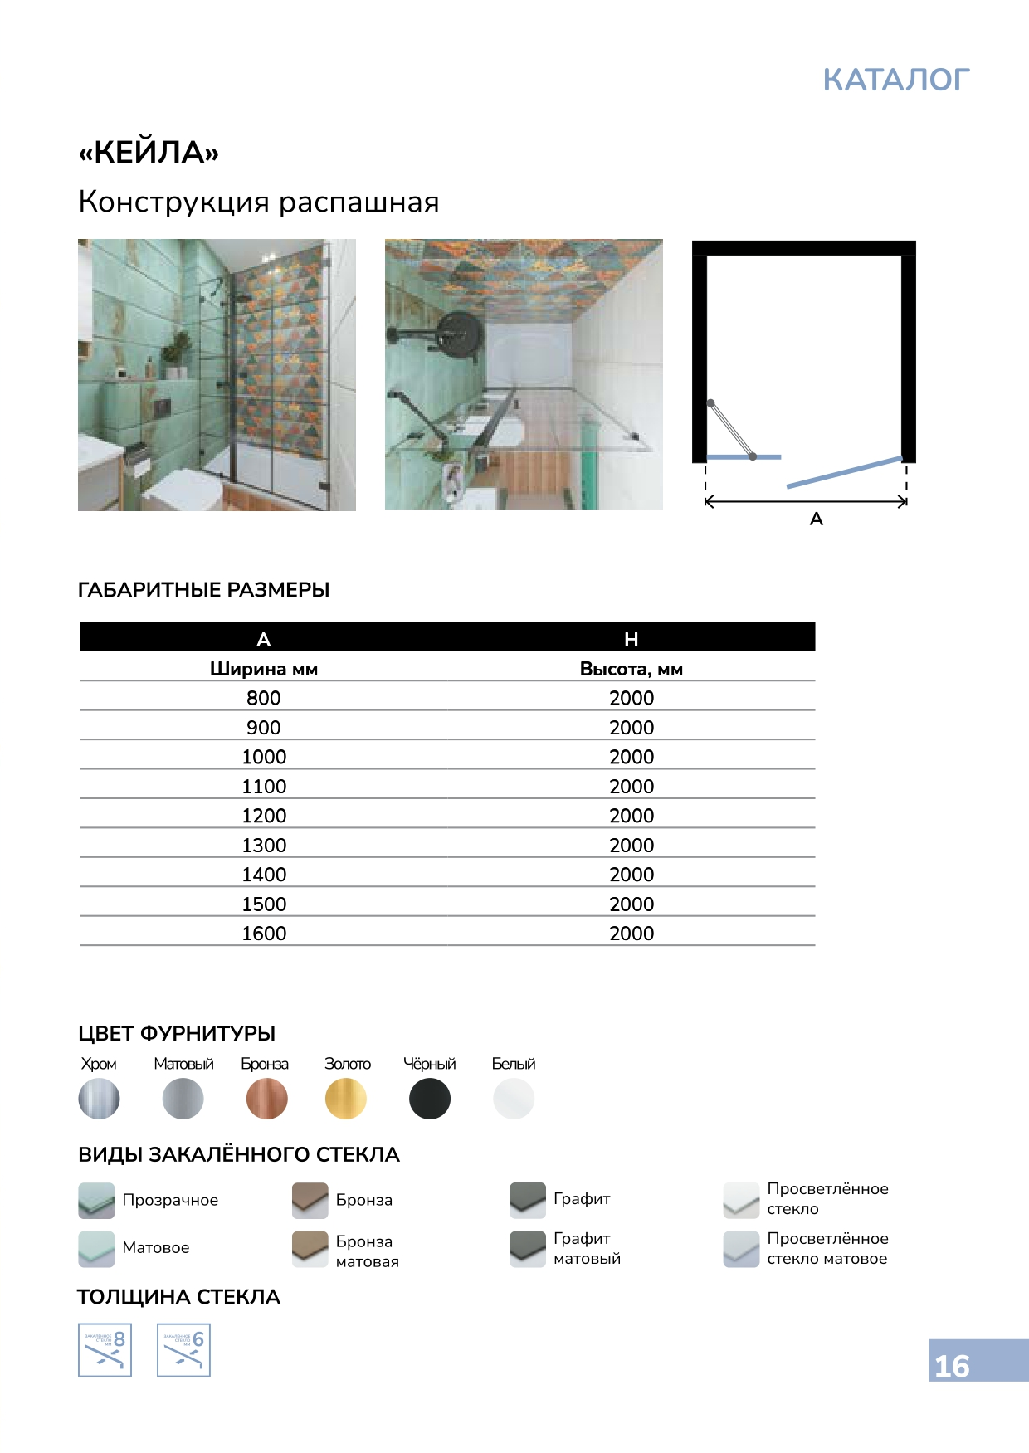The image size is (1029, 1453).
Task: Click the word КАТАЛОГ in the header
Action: [895, 80]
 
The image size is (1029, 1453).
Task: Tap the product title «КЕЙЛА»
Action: [149, 153]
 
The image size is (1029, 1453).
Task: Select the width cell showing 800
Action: [264, 698]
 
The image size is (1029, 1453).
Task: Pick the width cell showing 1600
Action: [264, 934]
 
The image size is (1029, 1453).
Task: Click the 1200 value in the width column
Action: [264, 816]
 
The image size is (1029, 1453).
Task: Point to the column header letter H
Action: [631, 639]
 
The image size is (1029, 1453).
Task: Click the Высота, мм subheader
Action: [631, 669]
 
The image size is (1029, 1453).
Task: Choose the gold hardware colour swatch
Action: [346, 1099]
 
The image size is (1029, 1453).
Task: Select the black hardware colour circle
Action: [430, 1099]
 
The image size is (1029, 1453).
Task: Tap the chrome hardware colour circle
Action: [99, 1099]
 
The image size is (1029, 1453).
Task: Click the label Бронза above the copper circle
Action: [265, 1064]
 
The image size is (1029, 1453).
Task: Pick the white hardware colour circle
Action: [514, 1099]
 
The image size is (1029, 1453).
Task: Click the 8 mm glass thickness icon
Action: [105, 1350]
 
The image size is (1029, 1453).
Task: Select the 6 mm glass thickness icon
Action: [183, 1350]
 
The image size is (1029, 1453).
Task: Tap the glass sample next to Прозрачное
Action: [96, 1200]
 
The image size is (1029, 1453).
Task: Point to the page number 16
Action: [952, 1367]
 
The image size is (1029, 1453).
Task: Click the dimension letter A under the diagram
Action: [817, 519]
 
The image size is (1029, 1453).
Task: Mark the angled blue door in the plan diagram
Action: [844, 471]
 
